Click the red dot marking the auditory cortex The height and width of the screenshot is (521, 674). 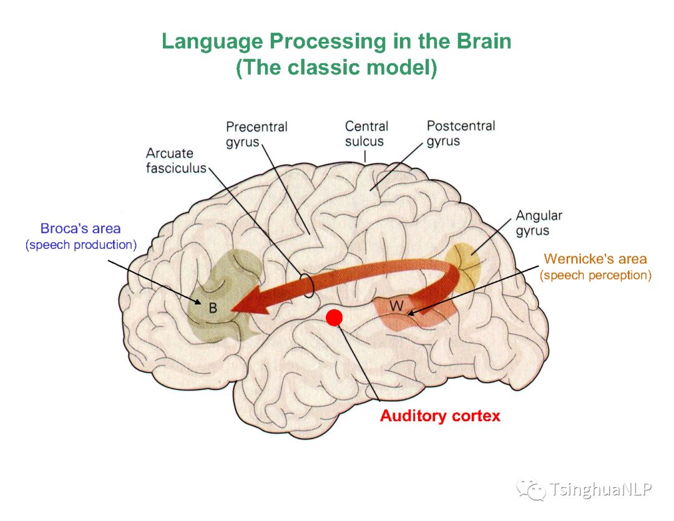tap(335, 318)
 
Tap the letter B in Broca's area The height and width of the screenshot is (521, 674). tap(213, 308)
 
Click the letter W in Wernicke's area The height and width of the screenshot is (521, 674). tap(396, 306)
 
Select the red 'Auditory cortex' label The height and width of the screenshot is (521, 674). tap(440, 416)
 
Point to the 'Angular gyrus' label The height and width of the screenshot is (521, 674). tap(539, 223)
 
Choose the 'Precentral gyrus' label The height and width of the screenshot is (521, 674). tap(256, 134)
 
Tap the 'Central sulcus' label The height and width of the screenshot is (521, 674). tap(366, 134)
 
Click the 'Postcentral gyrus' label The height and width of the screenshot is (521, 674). tap(461, 133)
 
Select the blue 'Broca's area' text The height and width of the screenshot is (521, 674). tap(81, 228)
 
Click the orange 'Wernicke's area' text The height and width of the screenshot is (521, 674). tap(595, 258)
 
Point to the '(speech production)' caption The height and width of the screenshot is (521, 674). tap(81, 245)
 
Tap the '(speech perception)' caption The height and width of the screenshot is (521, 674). tap(595, 275)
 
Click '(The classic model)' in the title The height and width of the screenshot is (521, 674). tap(336, 67)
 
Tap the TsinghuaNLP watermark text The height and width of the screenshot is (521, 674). tap(600, 489)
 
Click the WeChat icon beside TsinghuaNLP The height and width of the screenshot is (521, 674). tap(530, 489)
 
